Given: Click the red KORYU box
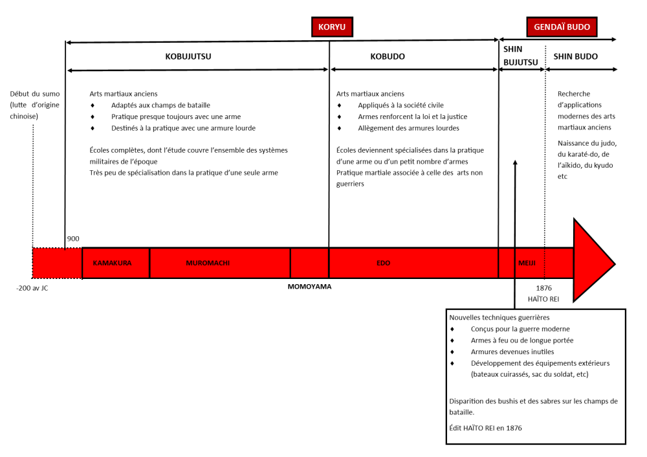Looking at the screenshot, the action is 332,27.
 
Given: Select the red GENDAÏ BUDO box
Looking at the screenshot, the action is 562,27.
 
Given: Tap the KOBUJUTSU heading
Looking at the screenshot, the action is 188,56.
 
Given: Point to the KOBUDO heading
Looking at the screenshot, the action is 388,56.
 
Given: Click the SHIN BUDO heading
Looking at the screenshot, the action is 576,56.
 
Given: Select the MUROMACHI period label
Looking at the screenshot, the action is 208,263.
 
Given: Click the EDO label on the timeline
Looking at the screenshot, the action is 383,263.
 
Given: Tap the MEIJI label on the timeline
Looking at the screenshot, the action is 527,263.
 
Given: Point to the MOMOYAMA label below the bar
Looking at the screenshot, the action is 309,287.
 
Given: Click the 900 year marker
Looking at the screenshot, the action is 73,239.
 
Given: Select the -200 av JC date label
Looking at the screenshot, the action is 32,288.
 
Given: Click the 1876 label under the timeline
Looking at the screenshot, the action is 544,288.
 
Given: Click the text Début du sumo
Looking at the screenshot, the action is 35,94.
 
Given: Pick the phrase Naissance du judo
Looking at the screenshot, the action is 587,143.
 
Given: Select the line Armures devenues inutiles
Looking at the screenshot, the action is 512,351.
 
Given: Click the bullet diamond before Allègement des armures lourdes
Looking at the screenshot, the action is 339,128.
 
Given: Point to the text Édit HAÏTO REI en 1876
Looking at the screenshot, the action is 486,428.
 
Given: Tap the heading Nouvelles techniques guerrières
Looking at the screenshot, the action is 499,317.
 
